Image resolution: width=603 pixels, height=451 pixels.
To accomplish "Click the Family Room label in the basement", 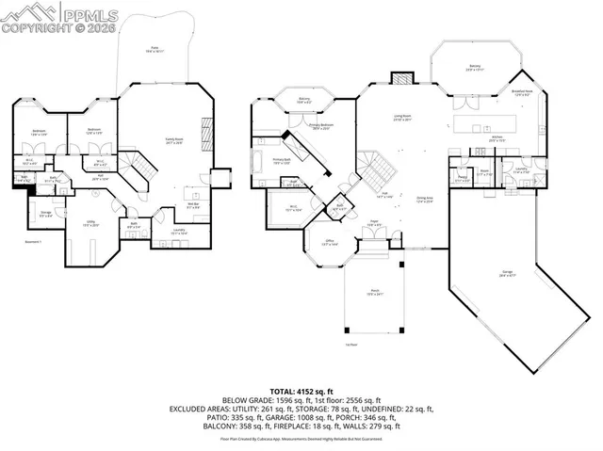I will tap(173, 140).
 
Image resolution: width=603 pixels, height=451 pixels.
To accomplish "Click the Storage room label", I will tap(45, 214).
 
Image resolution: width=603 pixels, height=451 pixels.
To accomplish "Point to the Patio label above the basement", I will tap(155, 48).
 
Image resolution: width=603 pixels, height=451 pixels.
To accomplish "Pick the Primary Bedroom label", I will tap(321, 125).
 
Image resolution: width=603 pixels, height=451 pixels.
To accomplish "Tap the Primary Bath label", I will tap(281, 161).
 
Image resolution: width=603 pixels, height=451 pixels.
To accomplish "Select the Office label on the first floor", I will tap(303, 242).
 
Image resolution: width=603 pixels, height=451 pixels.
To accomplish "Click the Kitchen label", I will tap(497, 137).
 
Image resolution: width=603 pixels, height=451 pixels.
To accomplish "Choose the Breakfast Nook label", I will tap(521, 92).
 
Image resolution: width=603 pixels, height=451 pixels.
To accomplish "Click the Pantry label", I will tap(462, 175).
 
